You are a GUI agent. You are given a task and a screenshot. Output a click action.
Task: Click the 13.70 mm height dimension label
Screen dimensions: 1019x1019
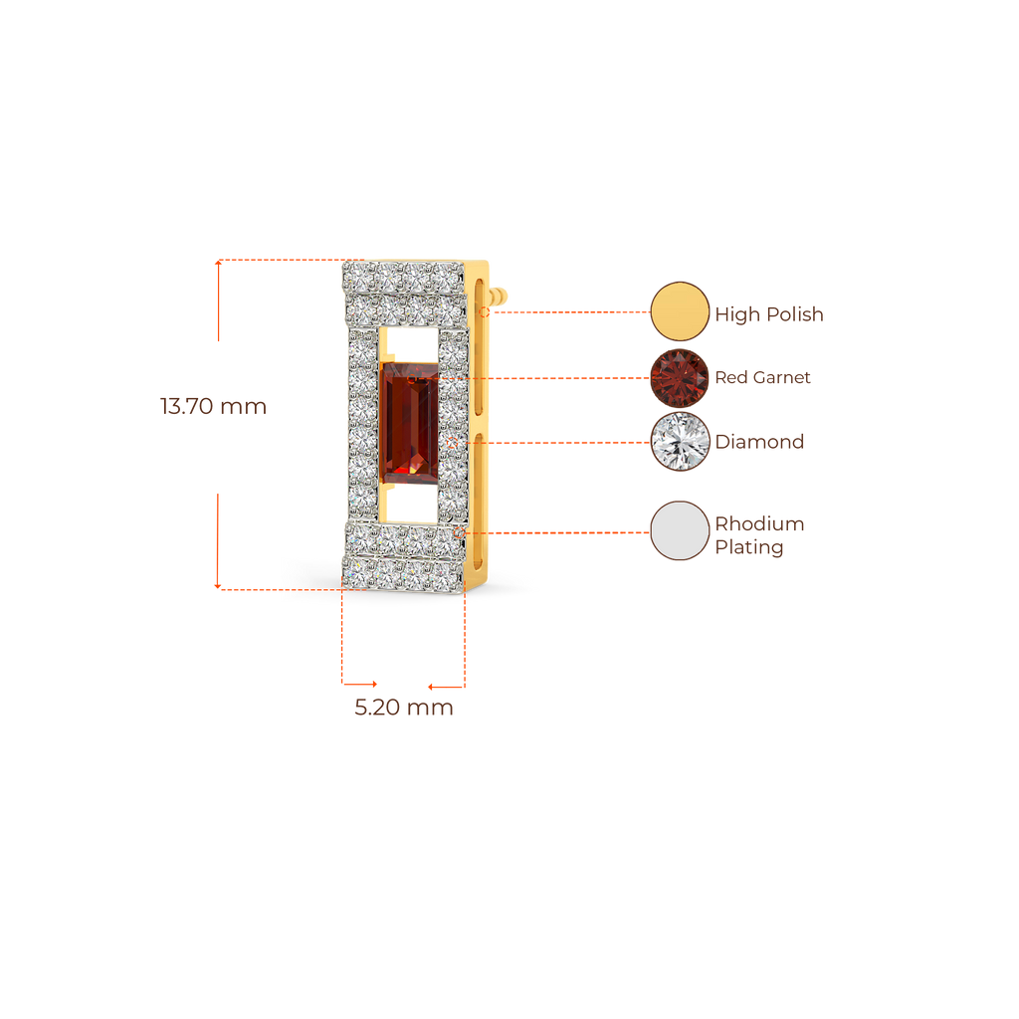(212, 407)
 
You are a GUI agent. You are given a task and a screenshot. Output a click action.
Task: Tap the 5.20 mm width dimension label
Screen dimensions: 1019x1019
(403, 708)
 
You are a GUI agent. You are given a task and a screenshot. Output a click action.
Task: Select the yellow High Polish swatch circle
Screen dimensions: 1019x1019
(680, 311)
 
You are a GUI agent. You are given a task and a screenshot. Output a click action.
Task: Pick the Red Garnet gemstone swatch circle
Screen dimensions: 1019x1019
(680, 377)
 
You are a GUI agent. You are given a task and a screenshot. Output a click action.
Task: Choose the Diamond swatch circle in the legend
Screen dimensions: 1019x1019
(680, 442)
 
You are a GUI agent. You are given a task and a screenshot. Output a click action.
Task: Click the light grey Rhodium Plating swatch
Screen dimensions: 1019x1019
(680, 531)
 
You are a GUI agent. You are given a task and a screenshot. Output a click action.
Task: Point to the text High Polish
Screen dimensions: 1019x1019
(769, 315)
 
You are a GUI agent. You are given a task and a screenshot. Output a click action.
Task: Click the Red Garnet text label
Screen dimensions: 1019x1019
(763, 378)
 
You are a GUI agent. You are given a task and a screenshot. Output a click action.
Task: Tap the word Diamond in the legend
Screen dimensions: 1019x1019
(759, 443)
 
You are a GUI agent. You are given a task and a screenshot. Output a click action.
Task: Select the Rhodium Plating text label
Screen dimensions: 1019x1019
(759, 535)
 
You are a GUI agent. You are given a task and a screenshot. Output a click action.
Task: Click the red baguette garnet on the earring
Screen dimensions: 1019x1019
(408, 425)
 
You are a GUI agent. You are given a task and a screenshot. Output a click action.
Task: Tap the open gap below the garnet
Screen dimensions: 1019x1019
(408, 505)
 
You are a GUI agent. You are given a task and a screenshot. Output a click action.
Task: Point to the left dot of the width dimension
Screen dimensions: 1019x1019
(374, 684)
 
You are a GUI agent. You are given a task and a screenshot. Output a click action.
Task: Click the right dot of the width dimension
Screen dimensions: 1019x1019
(431, 686)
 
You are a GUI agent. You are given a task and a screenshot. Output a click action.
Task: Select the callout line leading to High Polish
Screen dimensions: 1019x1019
(567, 311)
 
